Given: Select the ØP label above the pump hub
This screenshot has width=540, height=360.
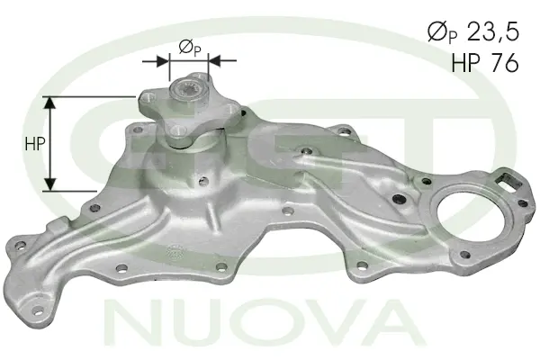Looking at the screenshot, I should pyautogui.click(x=189, y=47).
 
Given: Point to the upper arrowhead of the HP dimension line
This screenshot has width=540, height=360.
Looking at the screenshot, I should pyautogui.click(x=52, y=102).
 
